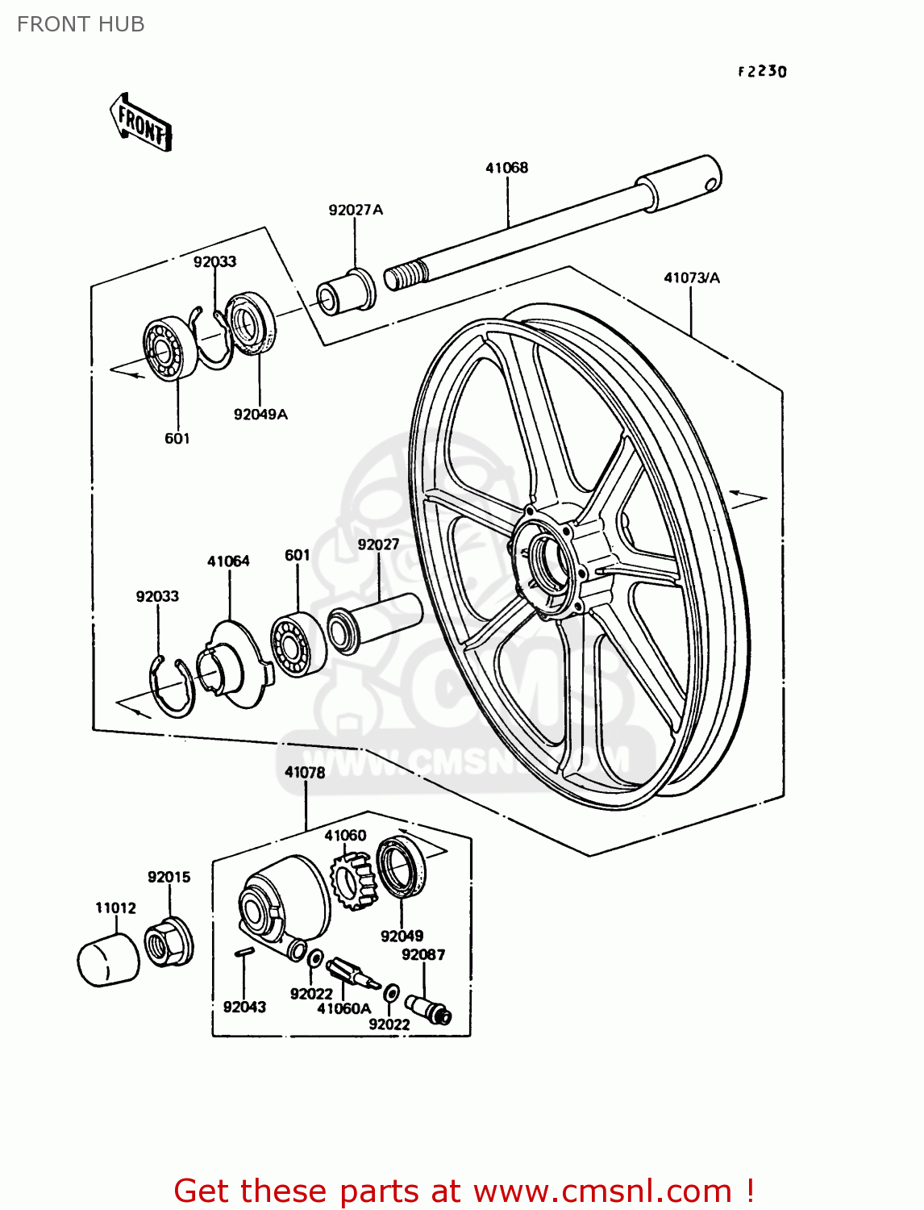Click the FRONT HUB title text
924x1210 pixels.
coord(81,24)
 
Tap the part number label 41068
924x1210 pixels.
coord(506,168)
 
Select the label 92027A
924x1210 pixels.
coord(356,210)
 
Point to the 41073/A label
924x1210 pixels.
coord(691,277)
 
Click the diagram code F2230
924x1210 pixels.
coord(762,71)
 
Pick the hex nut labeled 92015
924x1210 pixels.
coord(169,941)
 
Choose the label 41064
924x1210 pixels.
coord(228,561)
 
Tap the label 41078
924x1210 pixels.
coord(305,772)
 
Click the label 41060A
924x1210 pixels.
coord(343,1008)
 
